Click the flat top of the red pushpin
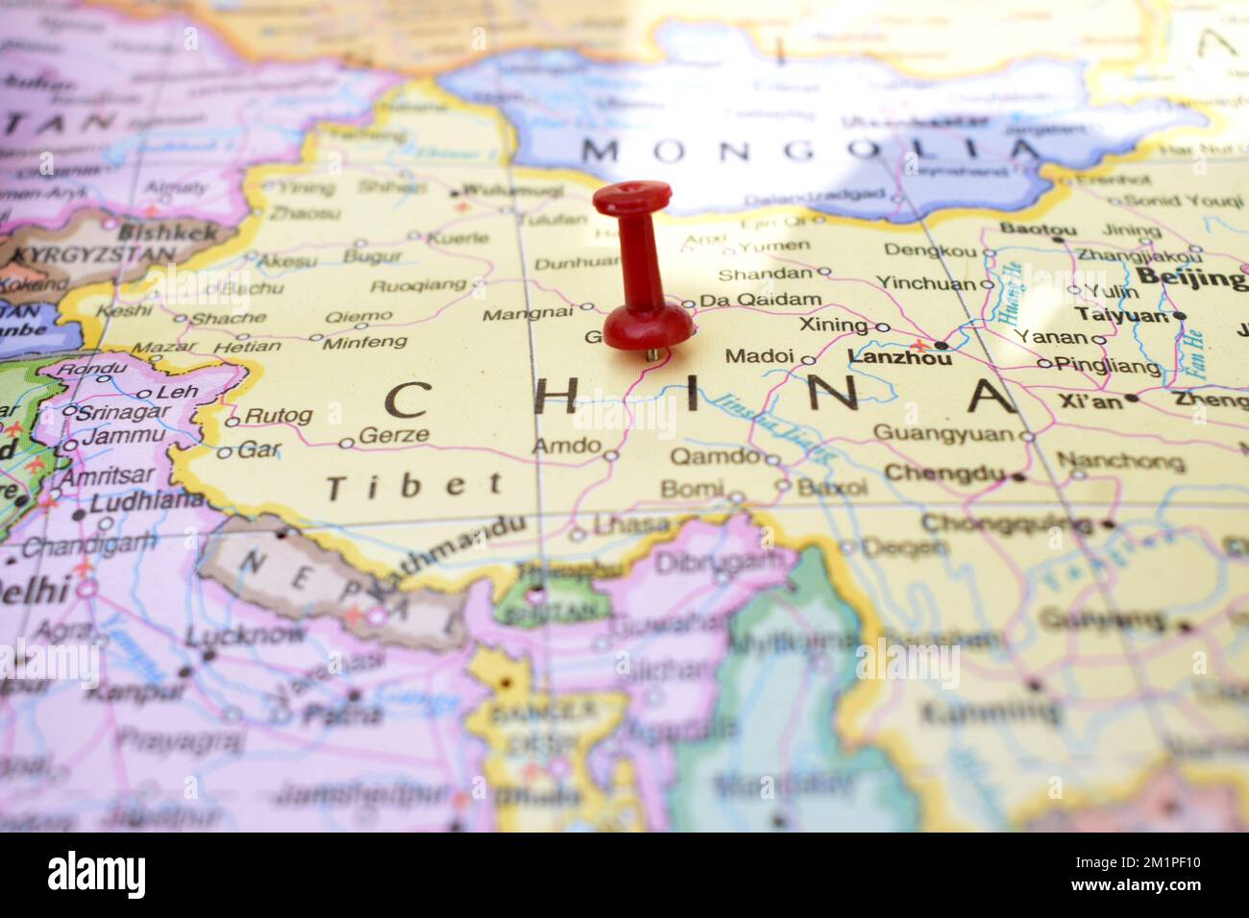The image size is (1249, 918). pyautogui.click(x=630, y=198)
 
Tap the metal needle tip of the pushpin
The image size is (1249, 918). pyautogui.click(x=653, y=355)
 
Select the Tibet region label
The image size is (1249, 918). pyautogui.click(x=414, y=486)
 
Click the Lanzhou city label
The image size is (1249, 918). pyautogui.click(x=900, y=357)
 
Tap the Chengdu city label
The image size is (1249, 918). pyautogui.click(x=943, y=472)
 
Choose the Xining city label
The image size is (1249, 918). pyautogui.click(x=833, y=325)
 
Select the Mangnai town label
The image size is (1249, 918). pyautogui.click(x=527, y=313)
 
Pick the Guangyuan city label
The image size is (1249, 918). pyautogui.click(x=943, y=434)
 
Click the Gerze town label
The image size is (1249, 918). pyautogui.click(x=393, y=435)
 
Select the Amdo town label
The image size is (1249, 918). pyautogui.click(x=566, y=446)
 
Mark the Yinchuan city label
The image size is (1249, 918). pyautogui.click(x=925, y=283)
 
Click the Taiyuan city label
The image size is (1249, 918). pyautogui.click(x=1121, y=314)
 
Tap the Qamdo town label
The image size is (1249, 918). pyautogui.click(x=715, y=455)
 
